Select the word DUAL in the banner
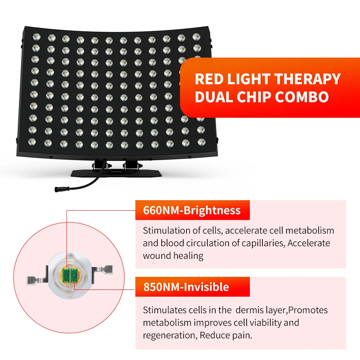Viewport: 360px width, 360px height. point(212,97)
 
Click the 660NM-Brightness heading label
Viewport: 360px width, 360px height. point(192,210)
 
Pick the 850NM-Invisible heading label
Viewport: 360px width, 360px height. point(186,287)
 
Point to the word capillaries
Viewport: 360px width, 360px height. point(262,243)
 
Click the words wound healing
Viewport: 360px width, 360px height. point(173,256)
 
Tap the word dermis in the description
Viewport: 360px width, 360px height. point(252,310)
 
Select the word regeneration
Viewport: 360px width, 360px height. point(168,335)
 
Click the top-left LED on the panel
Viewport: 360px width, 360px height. point(36,37)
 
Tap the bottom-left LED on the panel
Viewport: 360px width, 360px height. point(33,142)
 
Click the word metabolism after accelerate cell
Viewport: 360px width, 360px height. point(310,230)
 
